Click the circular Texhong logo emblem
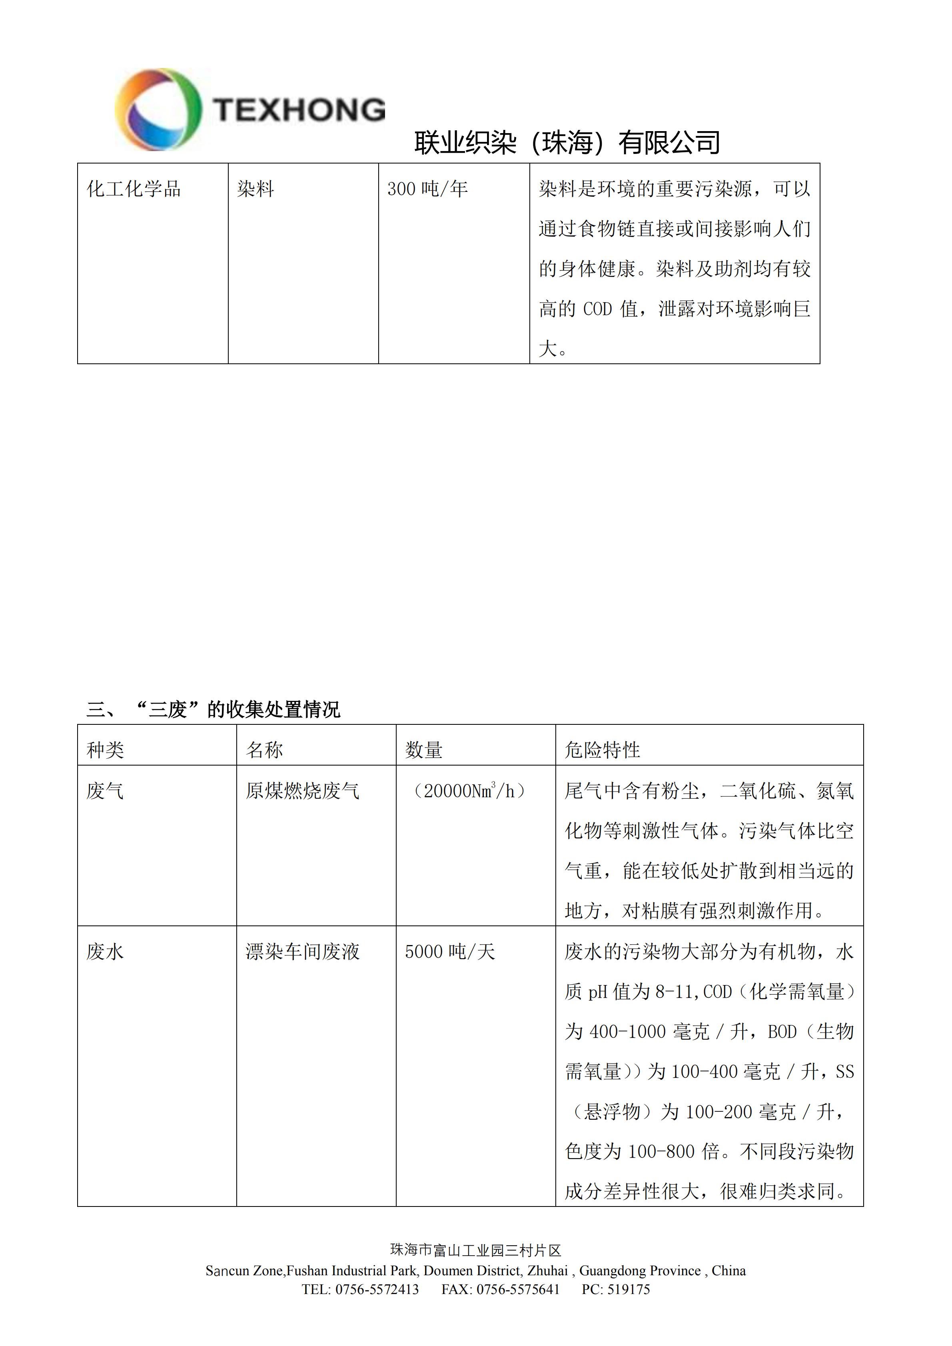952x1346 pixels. pos(158,110)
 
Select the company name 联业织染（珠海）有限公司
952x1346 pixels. pos(567,142)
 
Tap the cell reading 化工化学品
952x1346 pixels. pos(134,189)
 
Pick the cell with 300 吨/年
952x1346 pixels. pos(427,189)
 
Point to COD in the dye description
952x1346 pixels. pos(597,309)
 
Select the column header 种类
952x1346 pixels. pos(106,750)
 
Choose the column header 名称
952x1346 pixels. pos(264,750)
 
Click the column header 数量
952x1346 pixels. pos(424,750)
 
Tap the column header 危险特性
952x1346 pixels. pos(602,750)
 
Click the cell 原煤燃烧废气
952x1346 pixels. pos(303,791)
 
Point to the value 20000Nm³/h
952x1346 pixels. pos(469,791)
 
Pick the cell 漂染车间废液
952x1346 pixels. pos(303,951)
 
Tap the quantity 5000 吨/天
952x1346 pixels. pos(450,951)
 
